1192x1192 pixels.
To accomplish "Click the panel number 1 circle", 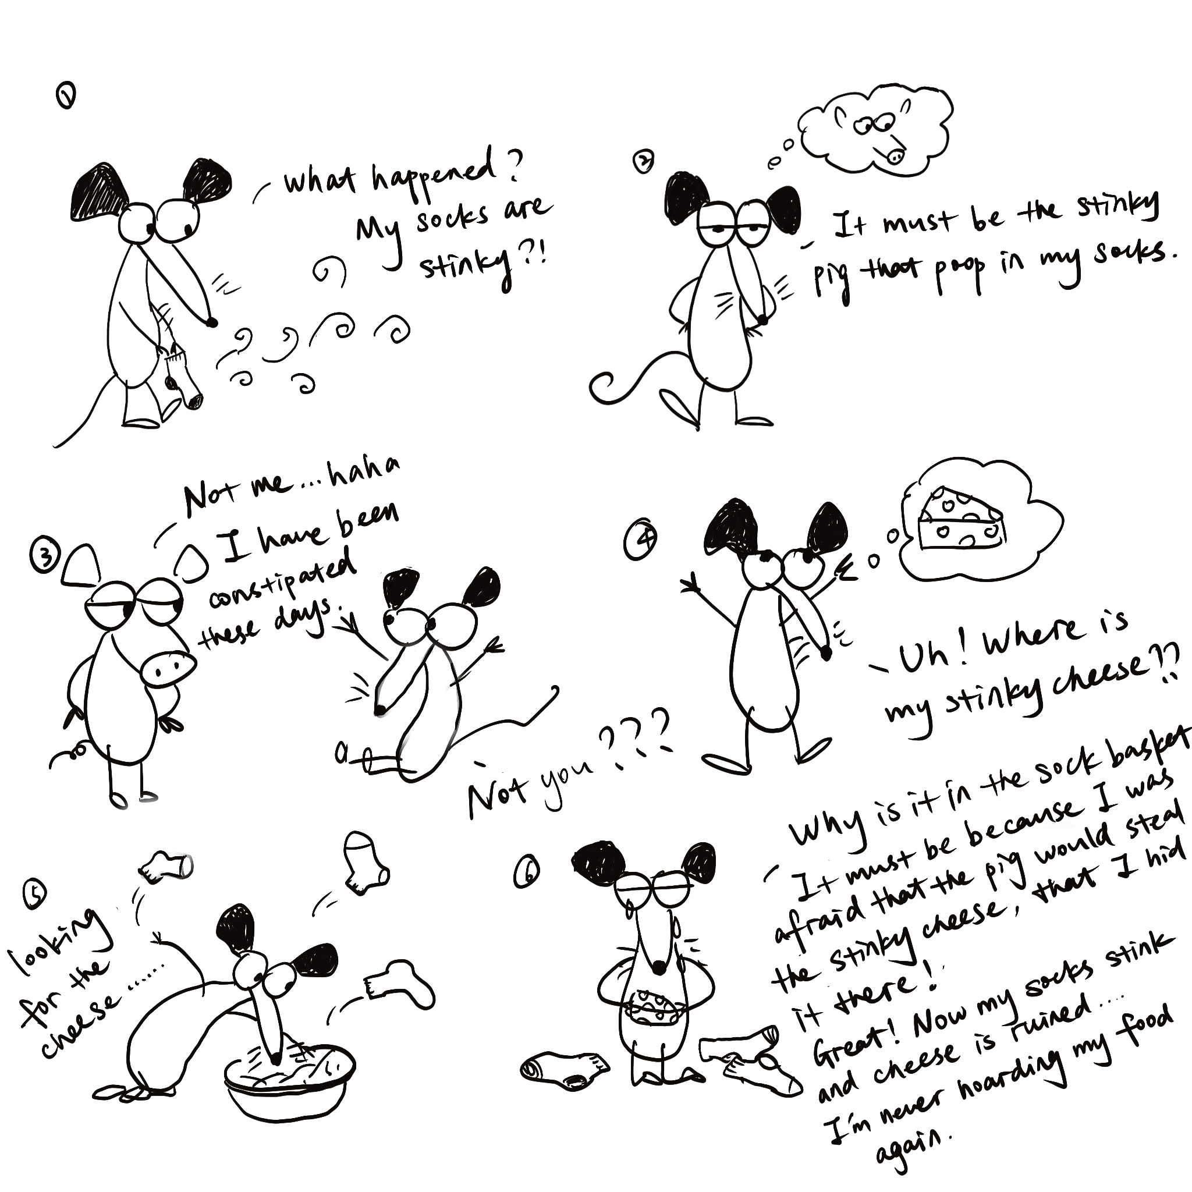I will [x=66, y=97].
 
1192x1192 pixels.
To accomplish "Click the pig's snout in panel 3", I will [x=167, y=668].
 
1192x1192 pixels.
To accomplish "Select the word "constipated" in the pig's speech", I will [x=282, y=579].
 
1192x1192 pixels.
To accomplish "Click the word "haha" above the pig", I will [x=364, y=473].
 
